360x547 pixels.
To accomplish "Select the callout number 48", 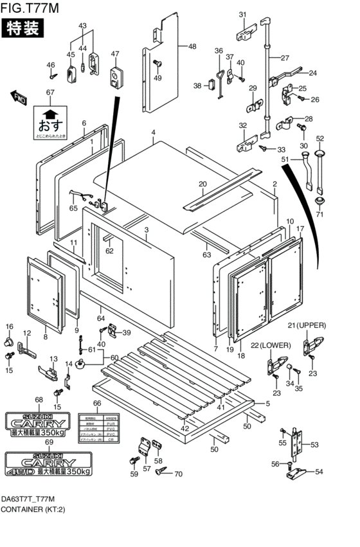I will pyautogui.click(x=192, y=46).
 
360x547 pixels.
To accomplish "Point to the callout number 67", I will pyautogui.click(x=50, y=93).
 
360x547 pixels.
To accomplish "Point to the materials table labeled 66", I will pyautogui.click(x=96, y=426).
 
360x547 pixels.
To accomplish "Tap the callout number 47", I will pyautogui.click(x=115, y=53).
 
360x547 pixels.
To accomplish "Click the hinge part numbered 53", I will pyautogui.click(x=296, y=444).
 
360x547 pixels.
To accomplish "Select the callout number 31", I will pyautogui.click(x=243, y=15).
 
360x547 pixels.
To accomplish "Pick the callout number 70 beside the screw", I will pyautogui.click(x=178, y=475).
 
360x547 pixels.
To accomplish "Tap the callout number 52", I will pyautogui.click(x=319, y=138).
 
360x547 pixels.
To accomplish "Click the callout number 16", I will pyautogui.click(x=10, y=327).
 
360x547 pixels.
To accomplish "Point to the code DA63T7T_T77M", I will pyautogui.click(x=28, y=499).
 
